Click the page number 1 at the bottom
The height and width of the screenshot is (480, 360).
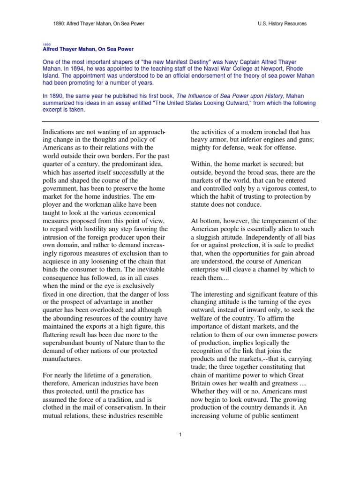pos(180,434)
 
